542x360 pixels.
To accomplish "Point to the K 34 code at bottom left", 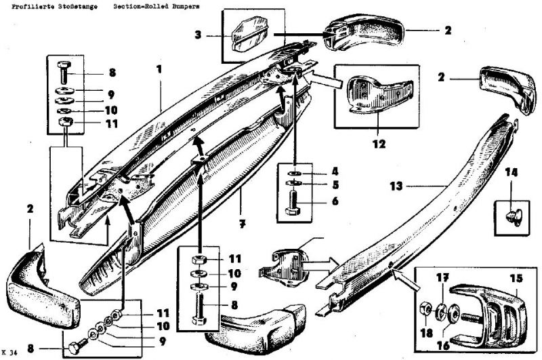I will (10, 353).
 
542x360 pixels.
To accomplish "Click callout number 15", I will (518, 278).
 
